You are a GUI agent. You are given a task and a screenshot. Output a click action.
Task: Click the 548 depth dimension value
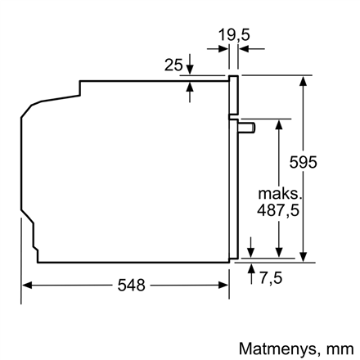[131, 286]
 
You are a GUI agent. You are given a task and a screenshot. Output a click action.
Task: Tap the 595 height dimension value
[303, 163]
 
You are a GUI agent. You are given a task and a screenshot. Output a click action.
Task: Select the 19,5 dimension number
[234, 35]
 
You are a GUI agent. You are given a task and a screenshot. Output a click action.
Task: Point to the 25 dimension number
[173, 65]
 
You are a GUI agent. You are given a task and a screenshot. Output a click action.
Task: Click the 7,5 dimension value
[271, 278]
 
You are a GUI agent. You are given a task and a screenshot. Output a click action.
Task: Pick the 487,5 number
[278, 210]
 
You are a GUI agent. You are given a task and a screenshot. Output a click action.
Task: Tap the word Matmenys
[277, 349]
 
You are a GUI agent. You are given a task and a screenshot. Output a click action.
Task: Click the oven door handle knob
[247, 128]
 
